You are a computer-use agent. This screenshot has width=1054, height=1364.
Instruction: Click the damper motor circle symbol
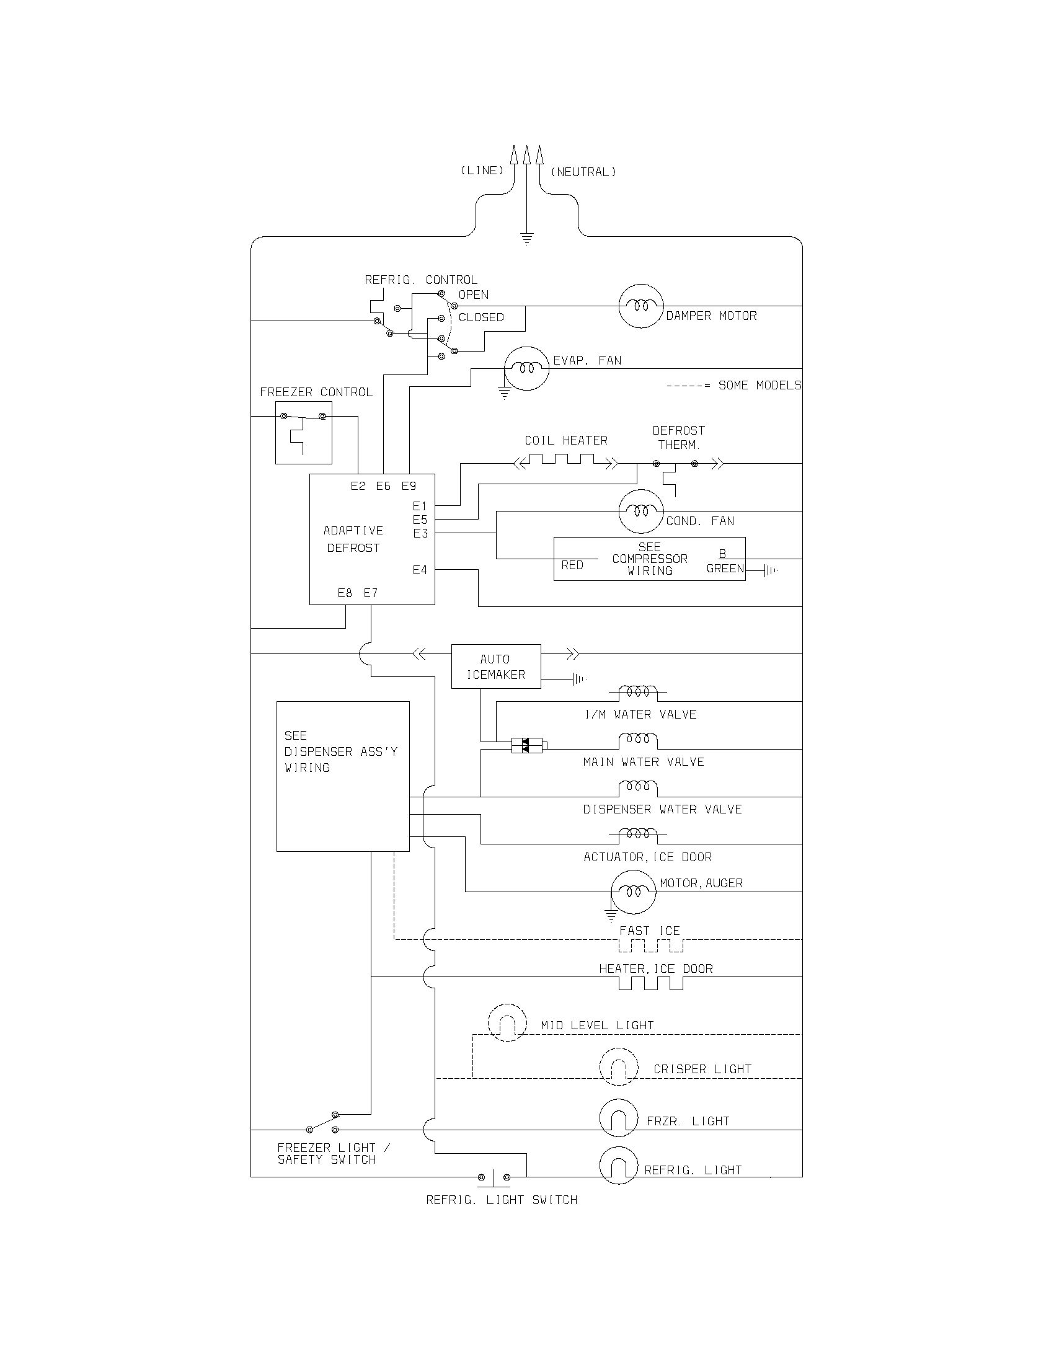(640, 306)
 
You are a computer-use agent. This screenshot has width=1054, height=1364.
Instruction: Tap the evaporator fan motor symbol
(526, 368)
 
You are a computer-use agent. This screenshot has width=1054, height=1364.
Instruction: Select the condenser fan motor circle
(640, 511)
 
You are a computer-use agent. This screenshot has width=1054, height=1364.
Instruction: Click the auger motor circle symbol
(633, 892)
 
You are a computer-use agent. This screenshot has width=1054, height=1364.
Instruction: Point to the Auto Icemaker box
(496, 666)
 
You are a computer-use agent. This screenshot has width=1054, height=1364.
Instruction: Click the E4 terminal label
(420, 570)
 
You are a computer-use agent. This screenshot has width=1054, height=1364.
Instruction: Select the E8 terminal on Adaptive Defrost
(345, 593)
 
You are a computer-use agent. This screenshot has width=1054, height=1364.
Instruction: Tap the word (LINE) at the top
(482, 170)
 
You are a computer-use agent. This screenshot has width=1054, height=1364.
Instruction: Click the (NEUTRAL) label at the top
(583, 172)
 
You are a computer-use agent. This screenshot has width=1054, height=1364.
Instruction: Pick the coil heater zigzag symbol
(565, 463)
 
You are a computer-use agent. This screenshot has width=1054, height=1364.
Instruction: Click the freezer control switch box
(303, 432)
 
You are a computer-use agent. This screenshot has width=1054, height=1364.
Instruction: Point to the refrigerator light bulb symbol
(618, 1166)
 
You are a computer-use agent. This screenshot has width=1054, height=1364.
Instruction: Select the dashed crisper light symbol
(618, 1067)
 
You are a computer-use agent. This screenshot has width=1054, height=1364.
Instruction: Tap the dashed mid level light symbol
(507, 1022)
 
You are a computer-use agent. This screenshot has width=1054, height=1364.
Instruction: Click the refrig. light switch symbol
(494, 1177)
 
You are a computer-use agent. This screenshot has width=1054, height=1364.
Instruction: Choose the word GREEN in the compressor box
(725, 569)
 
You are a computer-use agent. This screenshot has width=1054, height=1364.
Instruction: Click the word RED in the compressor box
(572, 565)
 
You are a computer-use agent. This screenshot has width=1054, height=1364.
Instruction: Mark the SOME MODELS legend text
(759, 386)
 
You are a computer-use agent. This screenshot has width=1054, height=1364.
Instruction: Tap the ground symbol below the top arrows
(527, 239)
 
